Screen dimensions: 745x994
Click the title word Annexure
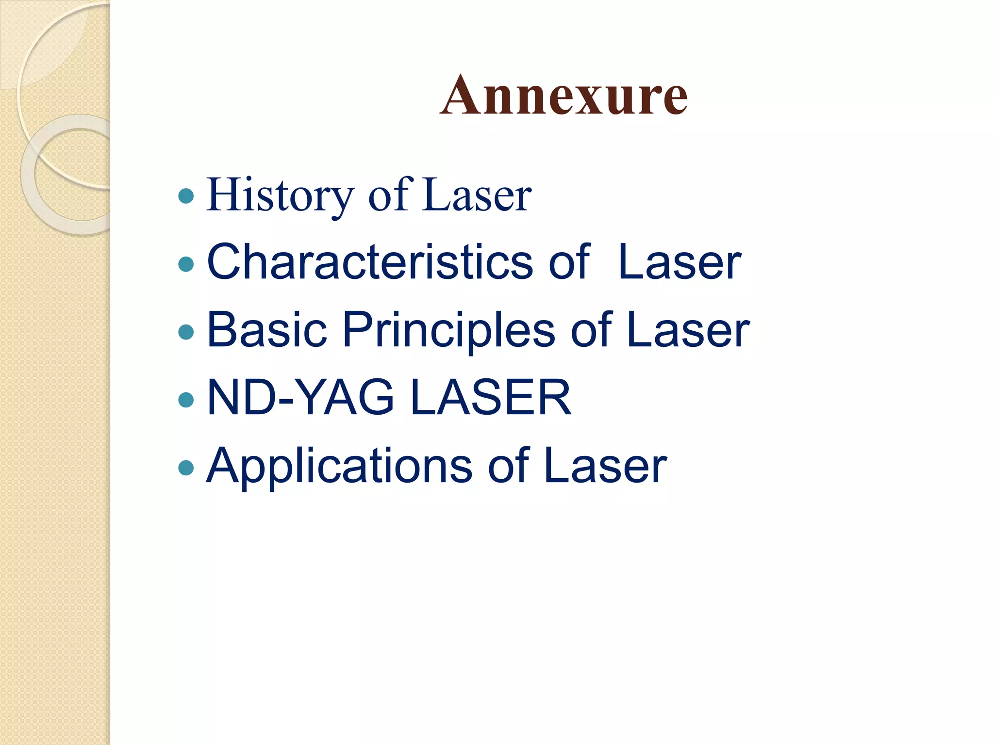point(563,96)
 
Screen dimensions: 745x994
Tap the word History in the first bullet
point(280,195)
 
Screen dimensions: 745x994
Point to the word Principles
point(448,331)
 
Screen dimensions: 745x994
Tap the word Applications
point(339,467)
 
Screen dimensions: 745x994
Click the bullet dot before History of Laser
point(186,196)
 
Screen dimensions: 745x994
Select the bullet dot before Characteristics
point(186,264)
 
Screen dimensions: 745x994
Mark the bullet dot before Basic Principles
point(186,332)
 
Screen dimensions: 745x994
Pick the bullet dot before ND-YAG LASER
point(186,400)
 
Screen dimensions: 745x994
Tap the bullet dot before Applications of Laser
point(186,468)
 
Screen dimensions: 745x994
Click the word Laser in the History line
point(477,195)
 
